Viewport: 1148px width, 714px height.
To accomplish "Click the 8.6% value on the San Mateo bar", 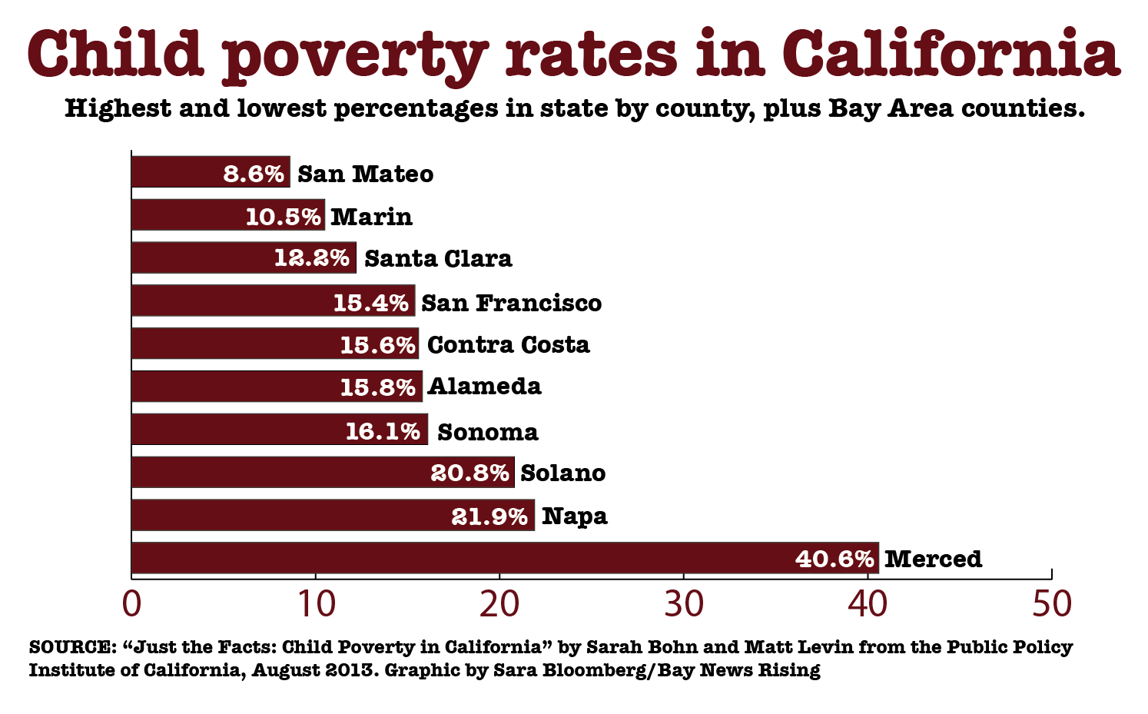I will (x=254, y=174).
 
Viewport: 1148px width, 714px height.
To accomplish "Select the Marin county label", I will (x=372, y=217).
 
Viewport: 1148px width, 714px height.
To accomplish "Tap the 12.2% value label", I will (x=312, y=258).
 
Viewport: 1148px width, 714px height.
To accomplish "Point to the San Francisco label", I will (x=511, y=303).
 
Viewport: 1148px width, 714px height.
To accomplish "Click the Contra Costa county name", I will (x=508, y=345).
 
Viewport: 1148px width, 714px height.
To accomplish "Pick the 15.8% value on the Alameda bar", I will (x=378, y=387).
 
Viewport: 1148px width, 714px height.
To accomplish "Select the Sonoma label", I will (x=488, y=432).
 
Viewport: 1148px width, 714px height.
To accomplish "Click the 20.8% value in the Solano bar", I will (x=469, y=473).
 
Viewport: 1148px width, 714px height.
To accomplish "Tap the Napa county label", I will (x=574, y=516).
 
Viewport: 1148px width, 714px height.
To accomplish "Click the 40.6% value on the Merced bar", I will (x=834, y=559).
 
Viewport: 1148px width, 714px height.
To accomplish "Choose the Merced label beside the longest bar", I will (x=933, y=559).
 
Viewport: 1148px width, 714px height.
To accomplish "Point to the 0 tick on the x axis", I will (x=131, y=605).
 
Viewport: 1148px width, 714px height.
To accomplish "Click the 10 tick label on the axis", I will (x=315, y=605).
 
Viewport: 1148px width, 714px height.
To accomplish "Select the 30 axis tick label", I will (x=684, y=605).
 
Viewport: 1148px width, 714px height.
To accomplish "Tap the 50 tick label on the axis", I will (x=1051, y=605).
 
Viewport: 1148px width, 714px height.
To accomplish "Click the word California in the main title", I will (x=951, y=54).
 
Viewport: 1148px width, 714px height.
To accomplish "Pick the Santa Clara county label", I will (x=438, y=258).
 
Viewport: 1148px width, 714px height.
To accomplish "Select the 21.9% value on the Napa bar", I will (x=489, y=516).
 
